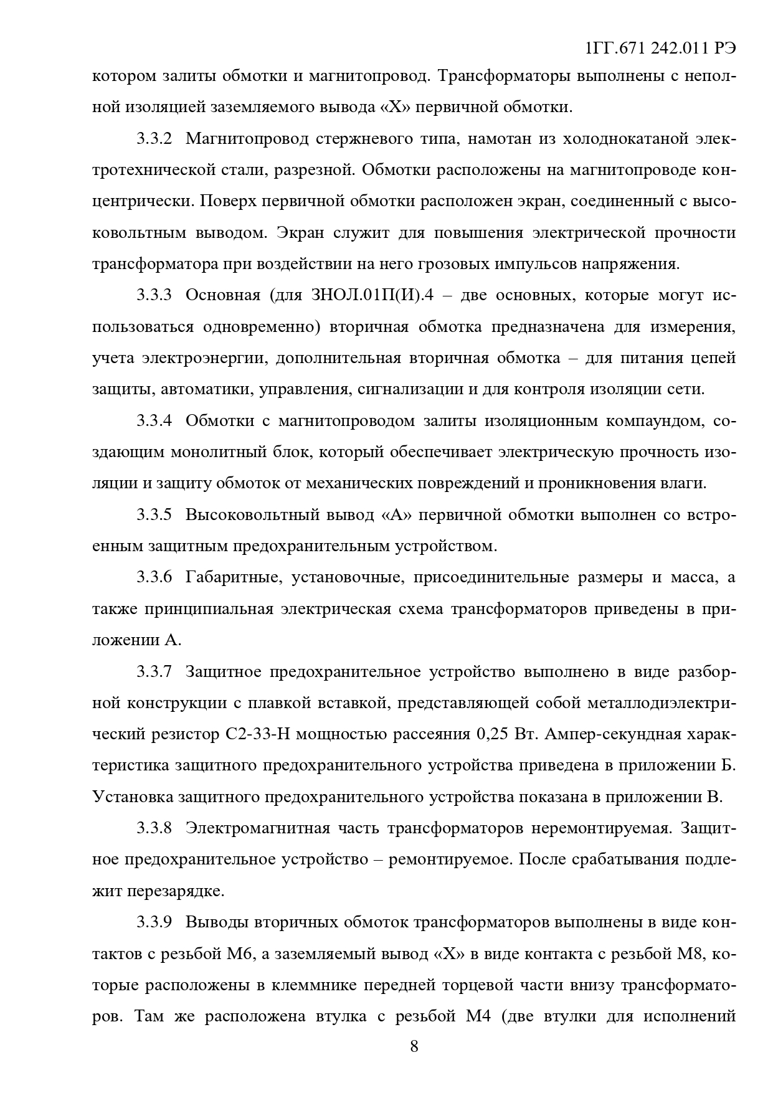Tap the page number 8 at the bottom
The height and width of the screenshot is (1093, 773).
tap(414, 1046)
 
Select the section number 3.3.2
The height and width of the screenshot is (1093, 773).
tap(154, 138)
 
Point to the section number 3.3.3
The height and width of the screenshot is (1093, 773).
tap(154, 295)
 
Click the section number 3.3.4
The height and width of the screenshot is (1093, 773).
tap(154, 421)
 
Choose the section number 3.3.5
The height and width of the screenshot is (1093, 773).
tap(154, 515)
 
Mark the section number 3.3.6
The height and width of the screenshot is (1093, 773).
tap(154, 577)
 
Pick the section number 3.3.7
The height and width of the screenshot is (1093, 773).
tap(154, 672)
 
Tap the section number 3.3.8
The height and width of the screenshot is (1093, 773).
tap(154, 829)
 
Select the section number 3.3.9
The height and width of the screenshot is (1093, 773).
tap(154, 922)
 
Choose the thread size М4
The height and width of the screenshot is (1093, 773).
tap(480, 1017)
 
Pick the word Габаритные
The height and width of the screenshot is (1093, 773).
tap(229, 577)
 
